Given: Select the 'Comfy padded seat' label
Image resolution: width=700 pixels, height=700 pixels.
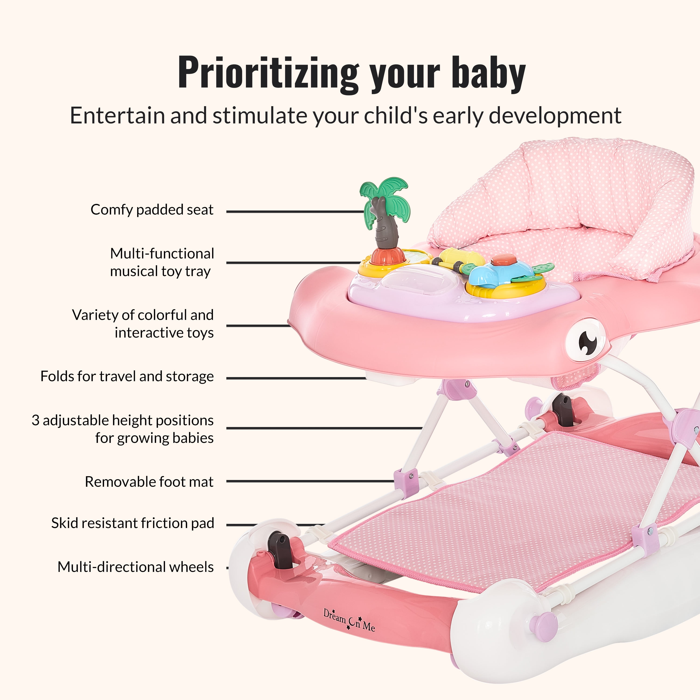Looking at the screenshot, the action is pyautogui.click(x=152, y=210).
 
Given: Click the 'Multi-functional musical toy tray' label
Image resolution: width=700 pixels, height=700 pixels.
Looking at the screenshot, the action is pyautogui.click(x=162, y=262).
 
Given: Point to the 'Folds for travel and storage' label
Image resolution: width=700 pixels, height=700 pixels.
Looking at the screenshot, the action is pyautogui.click(x=127, y=376).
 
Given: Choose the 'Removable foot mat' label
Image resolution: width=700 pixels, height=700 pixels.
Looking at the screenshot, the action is pyautogui.click(x=149, y=482).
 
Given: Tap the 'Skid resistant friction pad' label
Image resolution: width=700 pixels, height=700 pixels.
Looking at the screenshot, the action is pyautogui.click(x=133, y=523).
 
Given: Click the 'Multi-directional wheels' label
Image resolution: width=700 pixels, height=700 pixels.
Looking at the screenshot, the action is pyautogui.click(x=136, y=567).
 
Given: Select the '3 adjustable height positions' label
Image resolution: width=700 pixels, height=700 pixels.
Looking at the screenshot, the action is pyautogui.click(x=122, y=420).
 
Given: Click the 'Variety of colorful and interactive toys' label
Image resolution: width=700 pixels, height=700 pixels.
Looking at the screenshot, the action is pyautogui.click(x=143, y=324).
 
